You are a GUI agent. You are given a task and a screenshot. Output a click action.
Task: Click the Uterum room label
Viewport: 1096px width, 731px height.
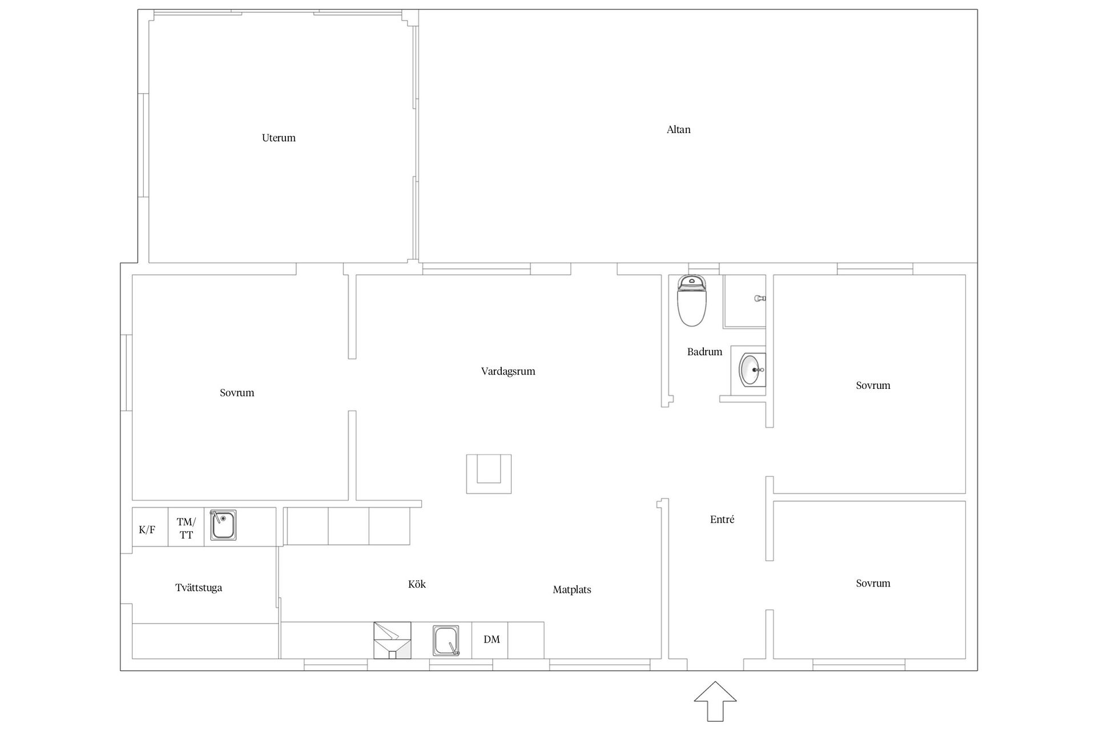click(279, 138)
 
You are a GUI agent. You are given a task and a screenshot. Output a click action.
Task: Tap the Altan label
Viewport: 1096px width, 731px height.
click(679, 130)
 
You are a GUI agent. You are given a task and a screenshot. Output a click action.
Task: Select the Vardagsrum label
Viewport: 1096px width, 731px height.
click(508, 372)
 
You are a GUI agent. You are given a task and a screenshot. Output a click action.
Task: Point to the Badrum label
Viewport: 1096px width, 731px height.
click(704, 352)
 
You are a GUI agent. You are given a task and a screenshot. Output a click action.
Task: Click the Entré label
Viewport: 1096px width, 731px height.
click(722, 519)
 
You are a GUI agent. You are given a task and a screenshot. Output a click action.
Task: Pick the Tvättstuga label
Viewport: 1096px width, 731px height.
click(199, 588)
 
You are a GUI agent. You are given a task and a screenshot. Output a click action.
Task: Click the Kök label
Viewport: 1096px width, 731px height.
click(417, 584)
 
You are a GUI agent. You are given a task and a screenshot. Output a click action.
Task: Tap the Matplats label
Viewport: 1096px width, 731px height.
click(572, 590)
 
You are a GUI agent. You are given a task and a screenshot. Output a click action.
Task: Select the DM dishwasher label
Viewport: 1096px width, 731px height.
click(491, 640)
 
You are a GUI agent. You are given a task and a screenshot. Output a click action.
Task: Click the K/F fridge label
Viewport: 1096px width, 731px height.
click(147, 530)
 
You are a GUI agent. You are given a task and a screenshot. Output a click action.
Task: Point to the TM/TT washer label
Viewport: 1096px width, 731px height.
click(186, 528)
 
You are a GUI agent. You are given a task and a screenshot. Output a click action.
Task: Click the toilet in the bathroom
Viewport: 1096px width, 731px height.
click(692, 300)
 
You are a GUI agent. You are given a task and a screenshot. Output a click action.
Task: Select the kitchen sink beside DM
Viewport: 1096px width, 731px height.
click(446, 640)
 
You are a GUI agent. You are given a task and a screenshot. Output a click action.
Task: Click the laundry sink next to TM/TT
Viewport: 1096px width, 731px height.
click(223, 525)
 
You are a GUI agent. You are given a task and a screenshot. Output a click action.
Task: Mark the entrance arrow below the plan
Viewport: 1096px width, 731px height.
click(715, 701)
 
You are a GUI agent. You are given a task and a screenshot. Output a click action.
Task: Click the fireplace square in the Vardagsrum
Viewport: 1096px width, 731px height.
click(489, 474)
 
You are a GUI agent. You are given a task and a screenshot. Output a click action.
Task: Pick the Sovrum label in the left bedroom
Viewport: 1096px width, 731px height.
click(237, 393)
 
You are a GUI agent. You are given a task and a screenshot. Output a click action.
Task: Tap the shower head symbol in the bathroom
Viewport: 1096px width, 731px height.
click(760, 298)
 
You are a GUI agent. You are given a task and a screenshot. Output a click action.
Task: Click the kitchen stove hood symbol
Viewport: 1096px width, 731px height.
click(392, 640)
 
